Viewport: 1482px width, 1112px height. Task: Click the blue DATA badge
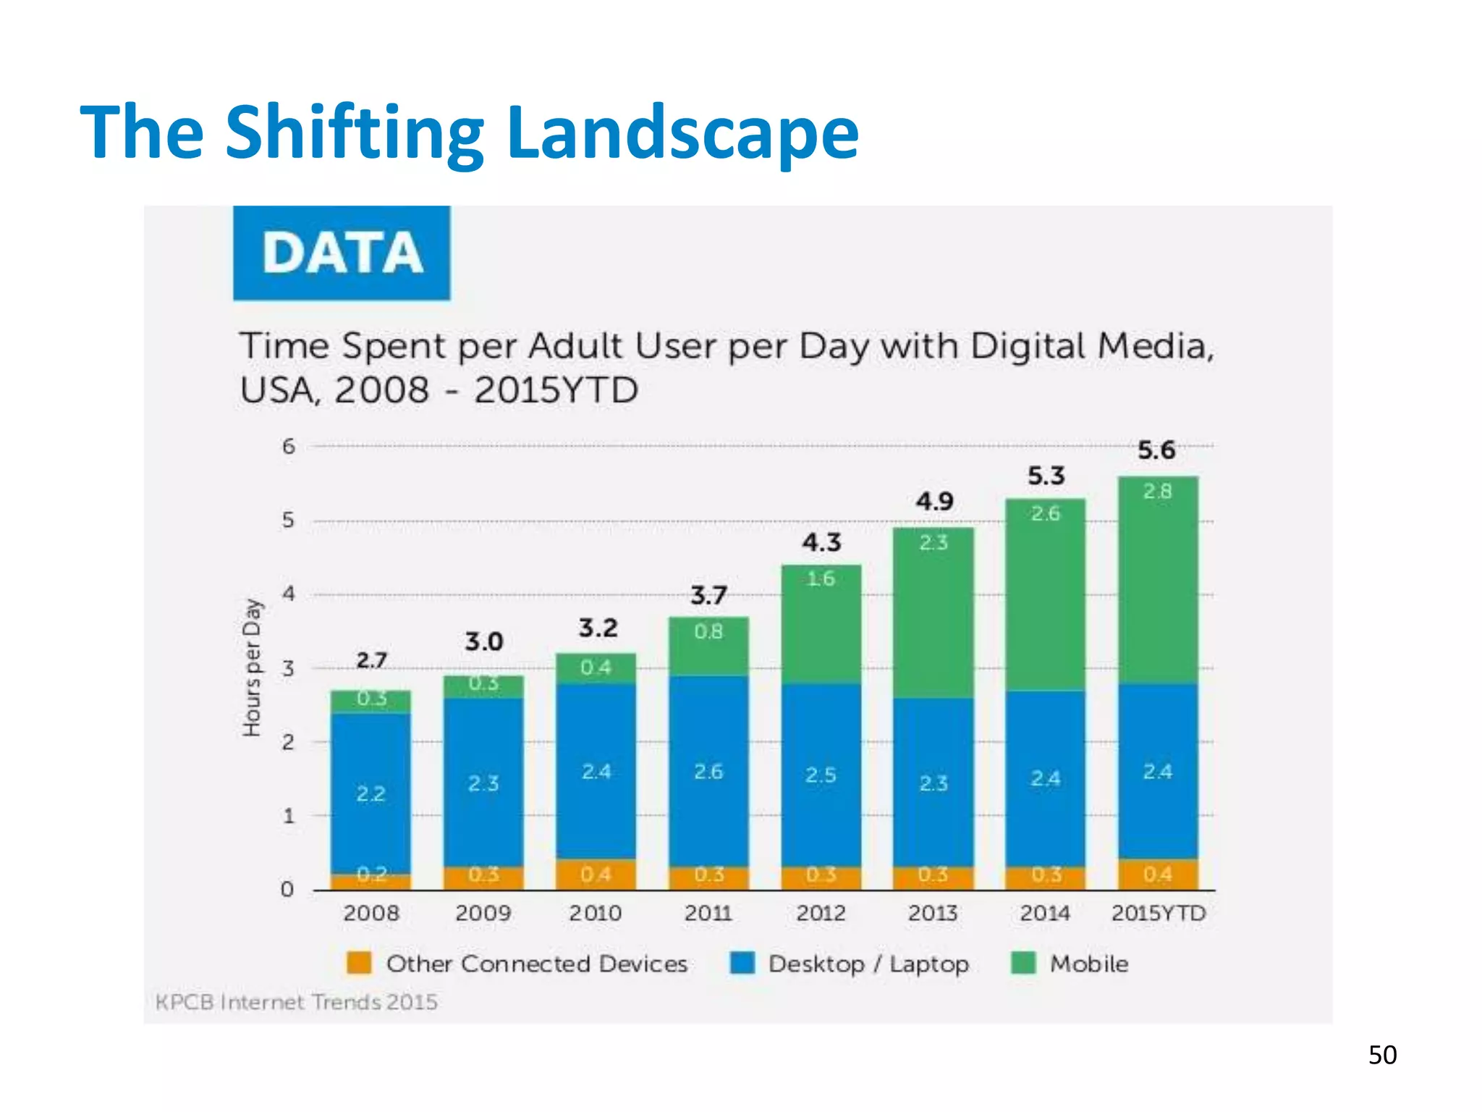[342, 253]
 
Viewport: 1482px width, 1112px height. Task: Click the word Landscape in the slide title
[682, 132]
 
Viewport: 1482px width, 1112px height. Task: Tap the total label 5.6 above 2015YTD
[1156, 450]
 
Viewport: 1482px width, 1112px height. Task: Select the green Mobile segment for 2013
[933, 615]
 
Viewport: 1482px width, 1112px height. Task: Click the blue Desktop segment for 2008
[370, 793]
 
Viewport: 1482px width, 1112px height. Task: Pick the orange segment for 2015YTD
[1158, 875]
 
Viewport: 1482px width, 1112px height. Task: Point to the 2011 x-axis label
[708, 913]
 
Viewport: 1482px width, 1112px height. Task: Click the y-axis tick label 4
[289, 594]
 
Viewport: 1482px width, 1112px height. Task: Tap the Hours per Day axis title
[252, 667]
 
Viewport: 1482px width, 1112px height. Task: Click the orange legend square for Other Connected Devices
[359, 964]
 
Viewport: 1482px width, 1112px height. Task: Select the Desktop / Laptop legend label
[868, 964]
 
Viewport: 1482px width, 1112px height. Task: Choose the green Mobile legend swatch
[1023, 964]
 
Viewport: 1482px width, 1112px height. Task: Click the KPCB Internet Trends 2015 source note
[297, 1003]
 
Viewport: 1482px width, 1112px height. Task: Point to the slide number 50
[1382, 1056]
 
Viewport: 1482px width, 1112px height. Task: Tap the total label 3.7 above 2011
[708, 596]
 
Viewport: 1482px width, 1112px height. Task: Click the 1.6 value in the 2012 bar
[821, 579]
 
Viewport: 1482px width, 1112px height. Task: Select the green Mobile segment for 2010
[596, 667]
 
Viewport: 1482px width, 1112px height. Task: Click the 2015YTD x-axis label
[1158, 913]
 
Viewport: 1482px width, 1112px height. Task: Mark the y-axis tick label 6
[289, 447]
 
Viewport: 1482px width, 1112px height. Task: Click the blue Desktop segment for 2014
[1046, 778]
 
